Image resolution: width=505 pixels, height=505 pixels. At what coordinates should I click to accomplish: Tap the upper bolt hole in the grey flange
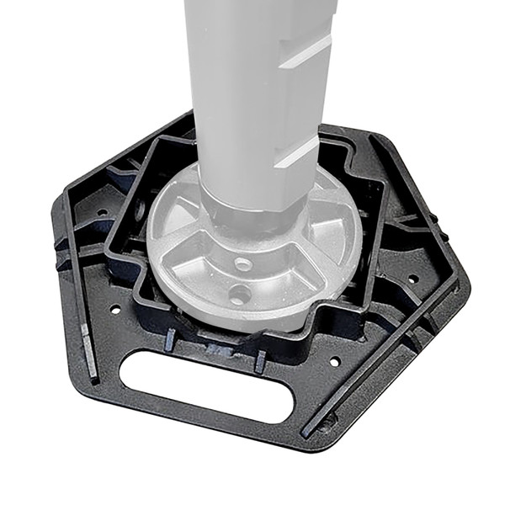(243, 264)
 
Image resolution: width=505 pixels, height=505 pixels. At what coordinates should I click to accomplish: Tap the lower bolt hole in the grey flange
(240, 295)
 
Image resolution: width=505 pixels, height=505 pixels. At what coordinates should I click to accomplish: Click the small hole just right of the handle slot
(334, 361)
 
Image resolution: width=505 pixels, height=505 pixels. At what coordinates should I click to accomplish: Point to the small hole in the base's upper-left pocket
(102, 212)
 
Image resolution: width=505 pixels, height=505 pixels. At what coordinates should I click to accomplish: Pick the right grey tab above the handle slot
(260, 360)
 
